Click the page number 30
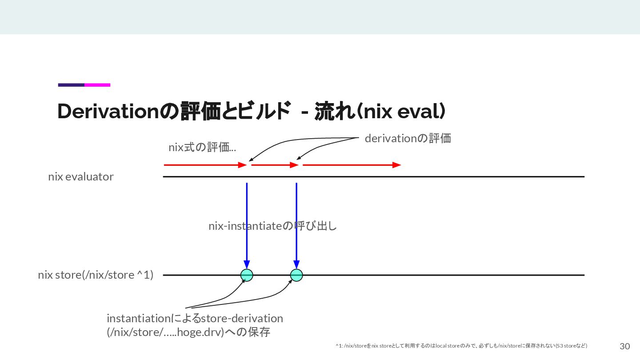pyautogui.click(x=624, y=346)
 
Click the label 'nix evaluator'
pyautogui.click(x=81, y=177)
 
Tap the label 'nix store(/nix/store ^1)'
pyautogui.click(x=96, y=275)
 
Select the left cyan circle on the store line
pyautogui.click(x=247, y=276)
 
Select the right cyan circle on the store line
pyautogui.click(x=296, y=276)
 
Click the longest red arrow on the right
pyautogui.click(x=352, y=165)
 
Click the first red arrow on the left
pyautogui.click(x=205, y=165)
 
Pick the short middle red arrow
pyautogui.click(x=275, y=165)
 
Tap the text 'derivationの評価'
pyautogui.click(x=408, y=139)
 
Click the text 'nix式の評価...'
pyautogui.click(x=202, y=148)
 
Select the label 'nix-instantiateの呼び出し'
pyautogui.click(x=272, y=226)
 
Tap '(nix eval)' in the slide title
pyautogui.click(x=402, y=112)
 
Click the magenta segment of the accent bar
pyautogui.click(x=97, y=85)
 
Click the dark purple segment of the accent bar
pyautogui.click(x=71, y=85)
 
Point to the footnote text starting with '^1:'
pyautogui.click(x=461, y=346)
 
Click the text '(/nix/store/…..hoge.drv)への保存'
pyautogui.click(x=188, y=332)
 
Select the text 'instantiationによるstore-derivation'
pyautogui.click(x=195, y=319)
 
